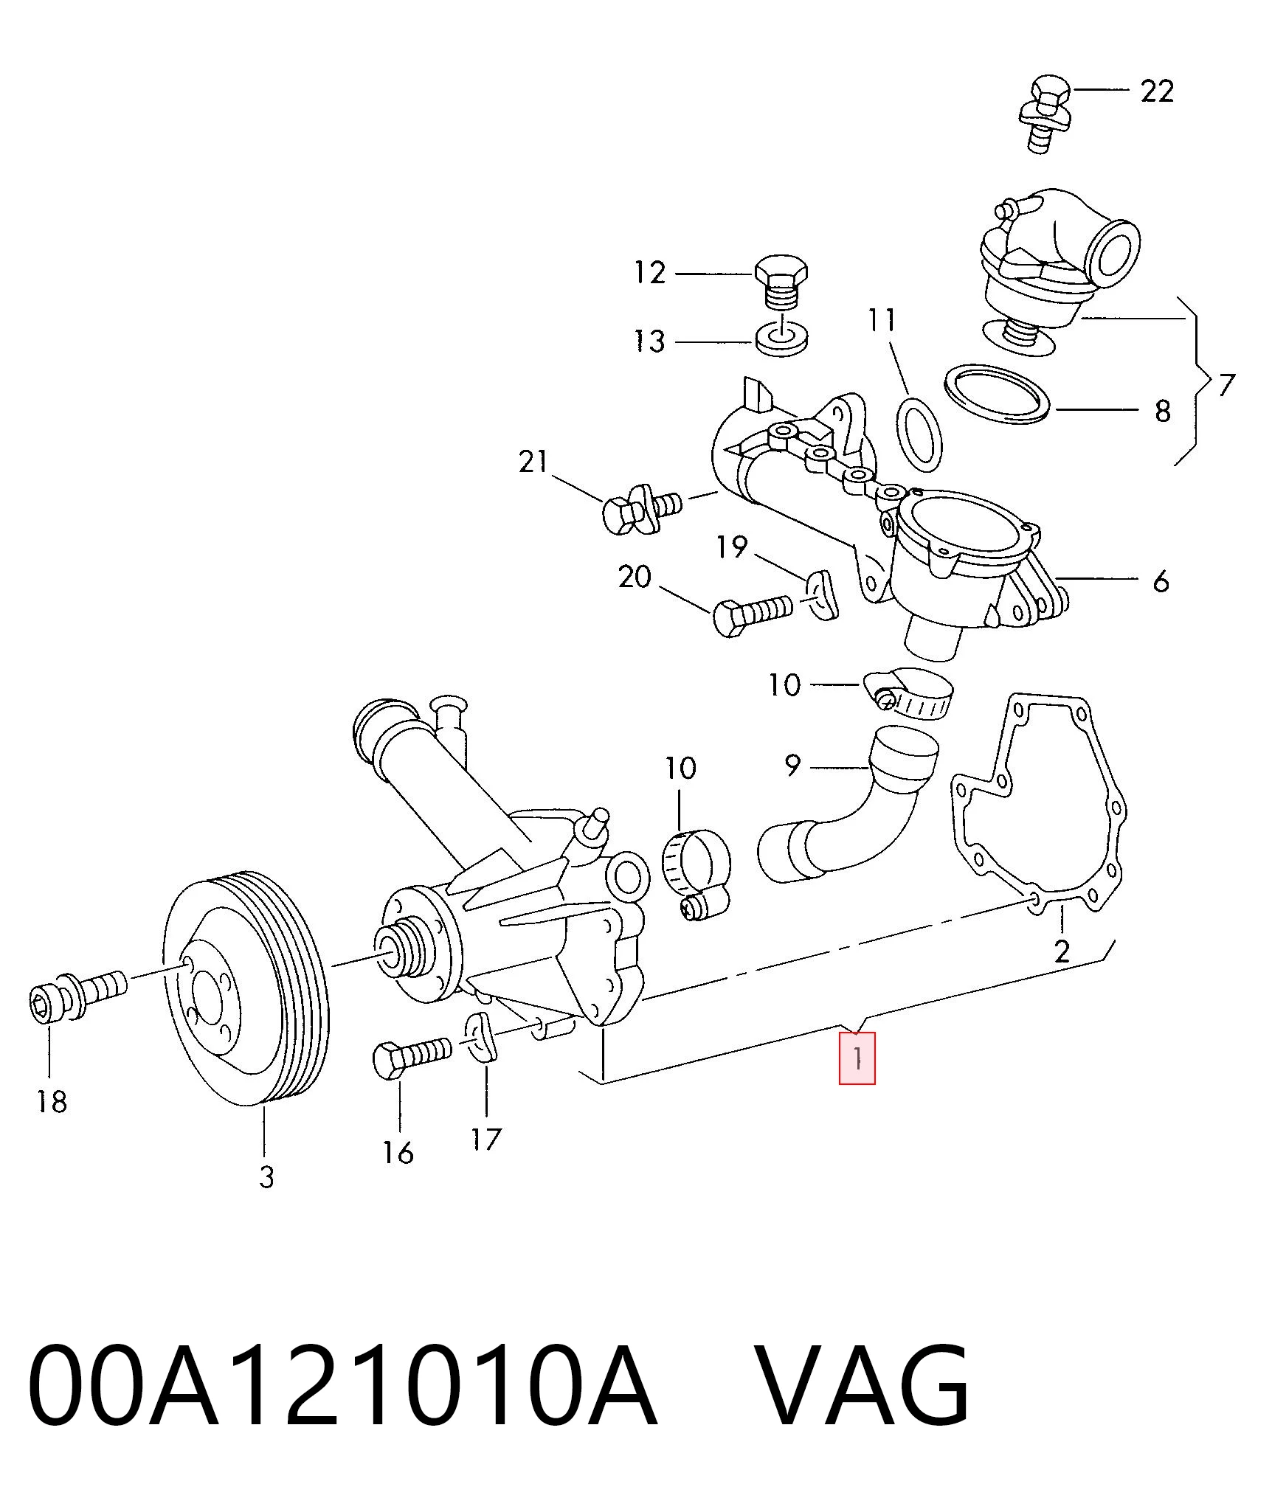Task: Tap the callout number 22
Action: (1156, 91)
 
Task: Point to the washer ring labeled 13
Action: (781, 339)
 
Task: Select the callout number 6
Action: (1161, 581)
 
